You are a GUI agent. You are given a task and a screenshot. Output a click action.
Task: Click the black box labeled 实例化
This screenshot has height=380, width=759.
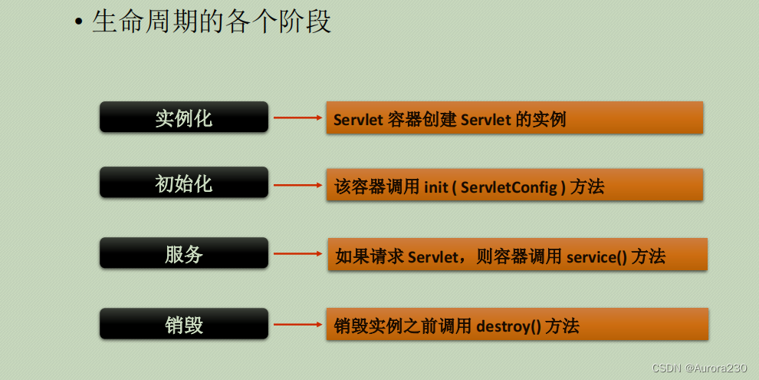coord(184,117)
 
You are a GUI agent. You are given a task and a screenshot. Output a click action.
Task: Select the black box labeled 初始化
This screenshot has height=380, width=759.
coord(184,183)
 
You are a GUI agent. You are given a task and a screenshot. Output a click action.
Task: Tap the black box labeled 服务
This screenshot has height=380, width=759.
coord(184,254)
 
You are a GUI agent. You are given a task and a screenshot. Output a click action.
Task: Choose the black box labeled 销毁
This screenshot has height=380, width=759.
coord(184,324)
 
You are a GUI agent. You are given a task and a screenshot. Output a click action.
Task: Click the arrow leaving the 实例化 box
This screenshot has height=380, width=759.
coord(297,118)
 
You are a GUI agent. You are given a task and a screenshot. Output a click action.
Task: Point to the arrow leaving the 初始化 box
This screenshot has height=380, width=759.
coord(297,185)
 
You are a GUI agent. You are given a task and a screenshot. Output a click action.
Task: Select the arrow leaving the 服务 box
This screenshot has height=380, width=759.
coord(297,254)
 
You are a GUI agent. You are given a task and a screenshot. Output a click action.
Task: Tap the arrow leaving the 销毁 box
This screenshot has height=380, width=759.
coord(297,325)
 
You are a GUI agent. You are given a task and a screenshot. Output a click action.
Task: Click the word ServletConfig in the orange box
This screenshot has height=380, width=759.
coord(509,187)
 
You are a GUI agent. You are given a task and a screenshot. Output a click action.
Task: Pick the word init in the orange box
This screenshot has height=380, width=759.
coord(435,187)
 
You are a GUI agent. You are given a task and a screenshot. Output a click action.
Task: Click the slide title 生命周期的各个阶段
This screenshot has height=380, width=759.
coord(212,21)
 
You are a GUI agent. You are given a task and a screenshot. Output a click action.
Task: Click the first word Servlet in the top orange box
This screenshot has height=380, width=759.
coord(359,121)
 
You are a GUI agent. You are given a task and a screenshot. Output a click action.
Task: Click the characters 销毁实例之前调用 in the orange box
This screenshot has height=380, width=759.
coord(403,326)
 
